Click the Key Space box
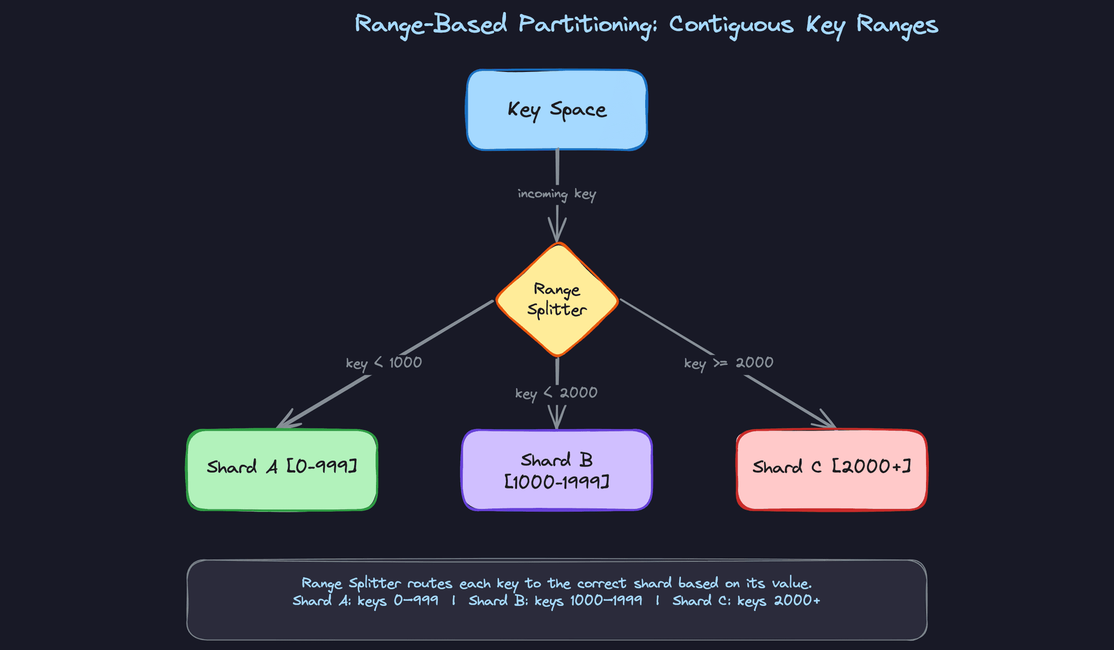click(556, 110)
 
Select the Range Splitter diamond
click(556, 299)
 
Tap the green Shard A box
click(282, 470)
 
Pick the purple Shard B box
click(556, 470)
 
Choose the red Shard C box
click(831, 470)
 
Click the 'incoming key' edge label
click(556, 194)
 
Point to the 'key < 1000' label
click(384, 363)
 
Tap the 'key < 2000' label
click(556, 393)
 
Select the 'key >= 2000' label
click(728, 363)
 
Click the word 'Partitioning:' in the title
click(587, 25)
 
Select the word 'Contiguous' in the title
click(731, 25)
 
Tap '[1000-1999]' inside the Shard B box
click(556, 482)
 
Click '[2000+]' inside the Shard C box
click(871, 466)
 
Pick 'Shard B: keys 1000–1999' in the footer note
click(555, 601)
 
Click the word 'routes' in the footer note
click(429, 583)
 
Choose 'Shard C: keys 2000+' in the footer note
click(746, 601)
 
